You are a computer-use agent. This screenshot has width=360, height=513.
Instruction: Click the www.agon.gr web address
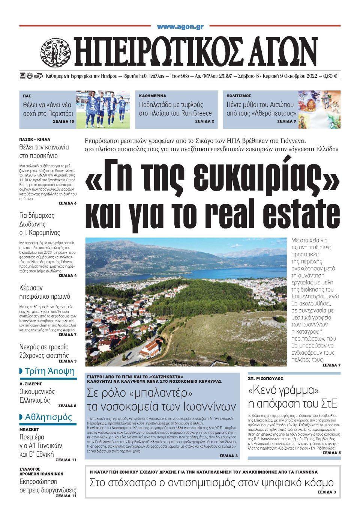tap(180, 27)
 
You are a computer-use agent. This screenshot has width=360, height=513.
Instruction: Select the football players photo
tap(103, 109)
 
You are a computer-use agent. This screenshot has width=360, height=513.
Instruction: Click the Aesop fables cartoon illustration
tap(319, 109)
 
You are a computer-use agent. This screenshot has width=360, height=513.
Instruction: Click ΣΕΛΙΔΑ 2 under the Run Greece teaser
tap(204, 122)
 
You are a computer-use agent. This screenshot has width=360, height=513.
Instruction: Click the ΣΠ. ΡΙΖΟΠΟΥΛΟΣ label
tap(265, 379)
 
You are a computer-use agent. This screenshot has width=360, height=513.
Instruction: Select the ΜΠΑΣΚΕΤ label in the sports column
tap(29, 429)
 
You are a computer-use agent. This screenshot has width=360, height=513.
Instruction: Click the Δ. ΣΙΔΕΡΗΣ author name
tap(31, 384)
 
